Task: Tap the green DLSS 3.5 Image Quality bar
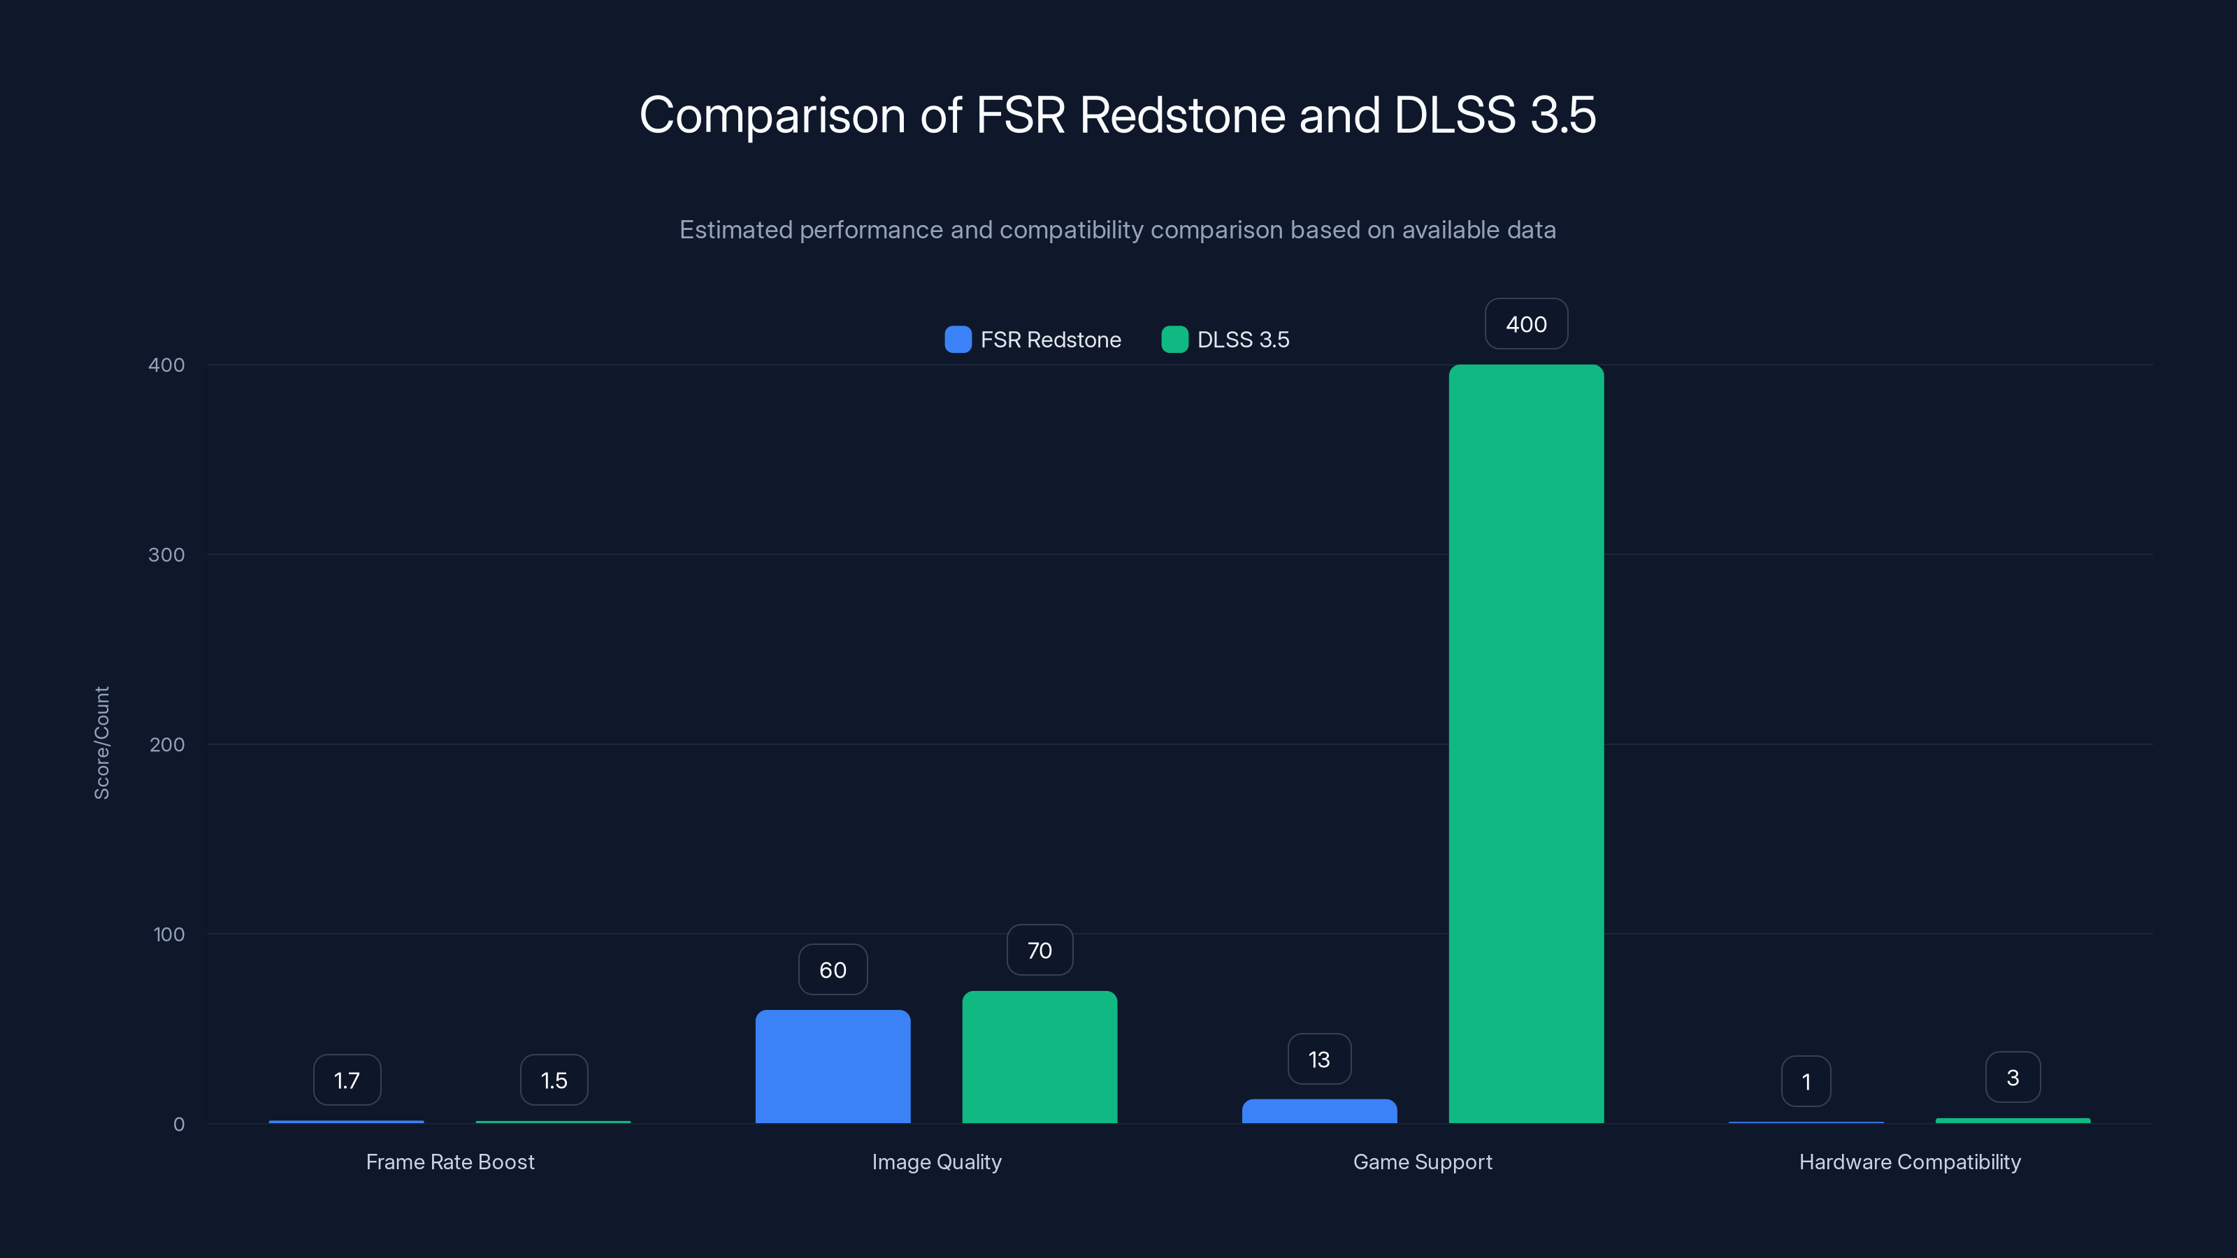pyautogui.click(x=1040, y=1057)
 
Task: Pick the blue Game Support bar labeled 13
pyautogui.click(x=1319, y=1111)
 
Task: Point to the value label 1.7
pyautogui.click(x=347, y=1080)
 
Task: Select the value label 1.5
pyautogui.click(x=554, y=1080)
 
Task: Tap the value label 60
pyautogui.click(x=833, y=970)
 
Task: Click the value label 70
pyautogui.click(x=1040, y=950)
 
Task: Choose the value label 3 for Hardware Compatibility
pyautogui.click(x=2012, y=1078)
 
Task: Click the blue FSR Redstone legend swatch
pyautogui.click(x=958, y=340)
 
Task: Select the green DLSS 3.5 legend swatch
pyautogui.click(x=1174, y=340)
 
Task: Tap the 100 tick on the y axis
pyautogui.click(x=168, y=934)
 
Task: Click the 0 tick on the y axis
pyautogui.click(x=179, y=1125)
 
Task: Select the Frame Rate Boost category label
pyautogui.click(x=449, y=1162)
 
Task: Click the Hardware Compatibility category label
pyautogui.click(x=1910, y=1162)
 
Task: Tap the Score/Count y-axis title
pyautogui.click(x=101, y=743)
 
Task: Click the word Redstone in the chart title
pyautogui.click(x=1182, y=115)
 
